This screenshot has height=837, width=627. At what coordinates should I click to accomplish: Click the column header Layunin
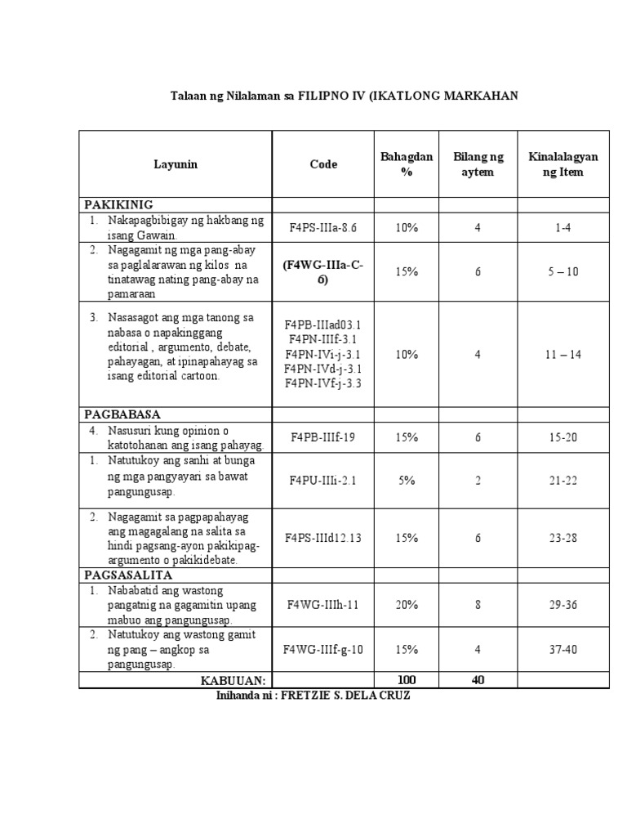(176, 164)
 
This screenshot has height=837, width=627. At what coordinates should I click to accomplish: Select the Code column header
(323, 164)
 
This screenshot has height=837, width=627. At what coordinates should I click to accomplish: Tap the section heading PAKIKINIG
(119, 204)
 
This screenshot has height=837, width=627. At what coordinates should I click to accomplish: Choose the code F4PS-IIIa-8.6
(323, 228)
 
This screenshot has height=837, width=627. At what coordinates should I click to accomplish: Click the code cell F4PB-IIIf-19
(323, 437)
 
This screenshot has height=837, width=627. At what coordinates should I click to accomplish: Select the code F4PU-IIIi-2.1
(323, 481)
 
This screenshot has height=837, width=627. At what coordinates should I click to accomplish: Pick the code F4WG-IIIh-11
(323, 605)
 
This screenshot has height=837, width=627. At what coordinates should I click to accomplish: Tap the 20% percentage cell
(407, 605)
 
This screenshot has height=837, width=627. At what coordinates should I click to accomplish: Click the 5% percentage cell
(407, 481)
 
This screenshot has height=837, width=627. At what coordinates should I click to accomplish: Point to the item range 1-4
(563, 228)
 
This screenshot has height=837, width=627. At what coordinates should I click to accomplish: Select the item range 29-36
(563, 605)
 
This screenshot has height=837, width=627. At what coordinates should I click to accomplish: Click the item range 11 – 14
(563, 355)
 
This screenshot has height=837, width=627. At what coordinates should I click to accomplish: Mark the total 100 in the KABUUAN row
(407, 680)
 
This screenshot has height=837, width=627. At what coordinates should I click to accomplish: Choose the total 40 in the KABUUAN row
(478, 680)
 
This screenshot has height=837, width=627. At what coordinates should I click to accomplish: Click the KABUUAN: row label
(233, 680)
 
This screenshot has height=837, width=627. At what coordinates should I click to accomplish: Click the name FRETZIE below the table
(309, 696)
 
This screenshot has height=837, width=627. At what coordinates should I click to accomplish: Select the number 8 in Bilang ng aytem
(478, 605)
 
